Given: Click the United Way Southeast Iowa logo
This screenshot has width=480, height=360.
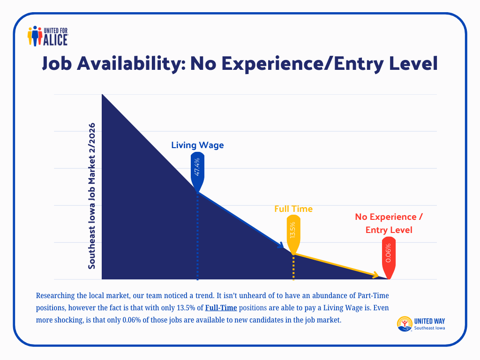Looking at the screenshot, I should [421, 324].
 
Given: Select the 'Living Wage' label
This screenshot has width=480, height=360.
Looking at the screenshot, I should [197, 145].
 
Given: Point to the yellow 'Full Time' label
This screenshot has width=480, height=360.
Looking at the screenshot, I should [293, 209].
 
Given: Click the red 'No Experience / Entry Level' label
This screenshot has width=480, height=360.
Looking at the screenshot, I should [389, 223].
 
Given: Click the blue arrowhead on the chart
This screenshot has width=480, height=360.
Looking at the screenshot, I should [281, 246].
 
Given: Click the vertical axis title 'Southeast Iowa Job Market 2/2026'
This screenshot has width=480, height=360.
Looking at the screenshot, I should [92, 196].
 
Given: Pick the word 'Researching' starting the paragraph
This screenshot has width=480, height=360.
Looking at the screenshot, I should [55, 296].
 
